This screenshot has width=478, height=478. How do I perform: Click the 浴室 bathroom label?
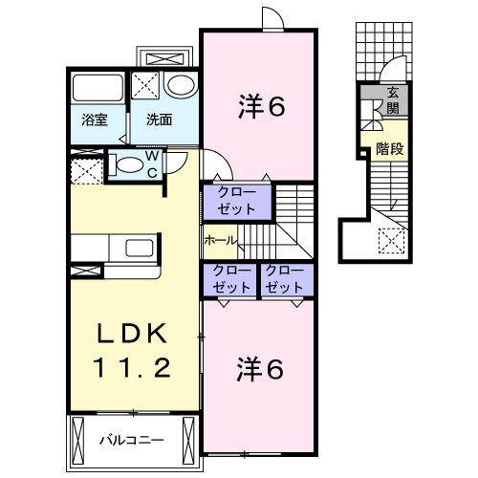pos(93,122)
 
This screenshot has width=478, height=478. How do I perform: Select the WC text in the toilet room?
pos(151,164)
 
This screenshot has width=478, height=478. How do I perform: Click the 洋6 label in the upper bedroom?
pos(260,108)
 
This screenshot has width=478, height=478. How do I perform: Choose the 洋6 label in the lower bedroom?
pos(260,368)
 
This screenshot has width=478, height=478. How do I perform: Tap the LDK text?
pos(134,334)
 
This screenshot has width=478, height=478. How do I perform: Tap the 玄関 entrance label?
pos(394,98)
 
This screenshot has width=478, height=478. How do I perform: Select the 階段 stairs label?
pos(388,148)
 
